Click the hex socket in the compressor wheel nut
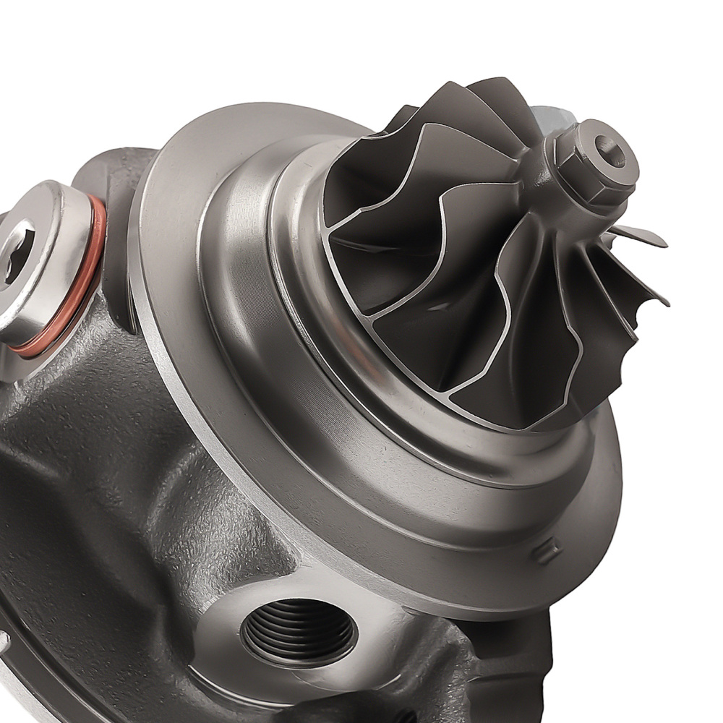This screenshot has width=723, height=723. coord(609,154)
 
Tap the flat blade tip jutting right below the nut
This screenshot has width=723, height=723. coord(640,235)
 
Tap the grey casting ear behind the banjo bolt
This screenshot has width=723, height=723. coord(116,174)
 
